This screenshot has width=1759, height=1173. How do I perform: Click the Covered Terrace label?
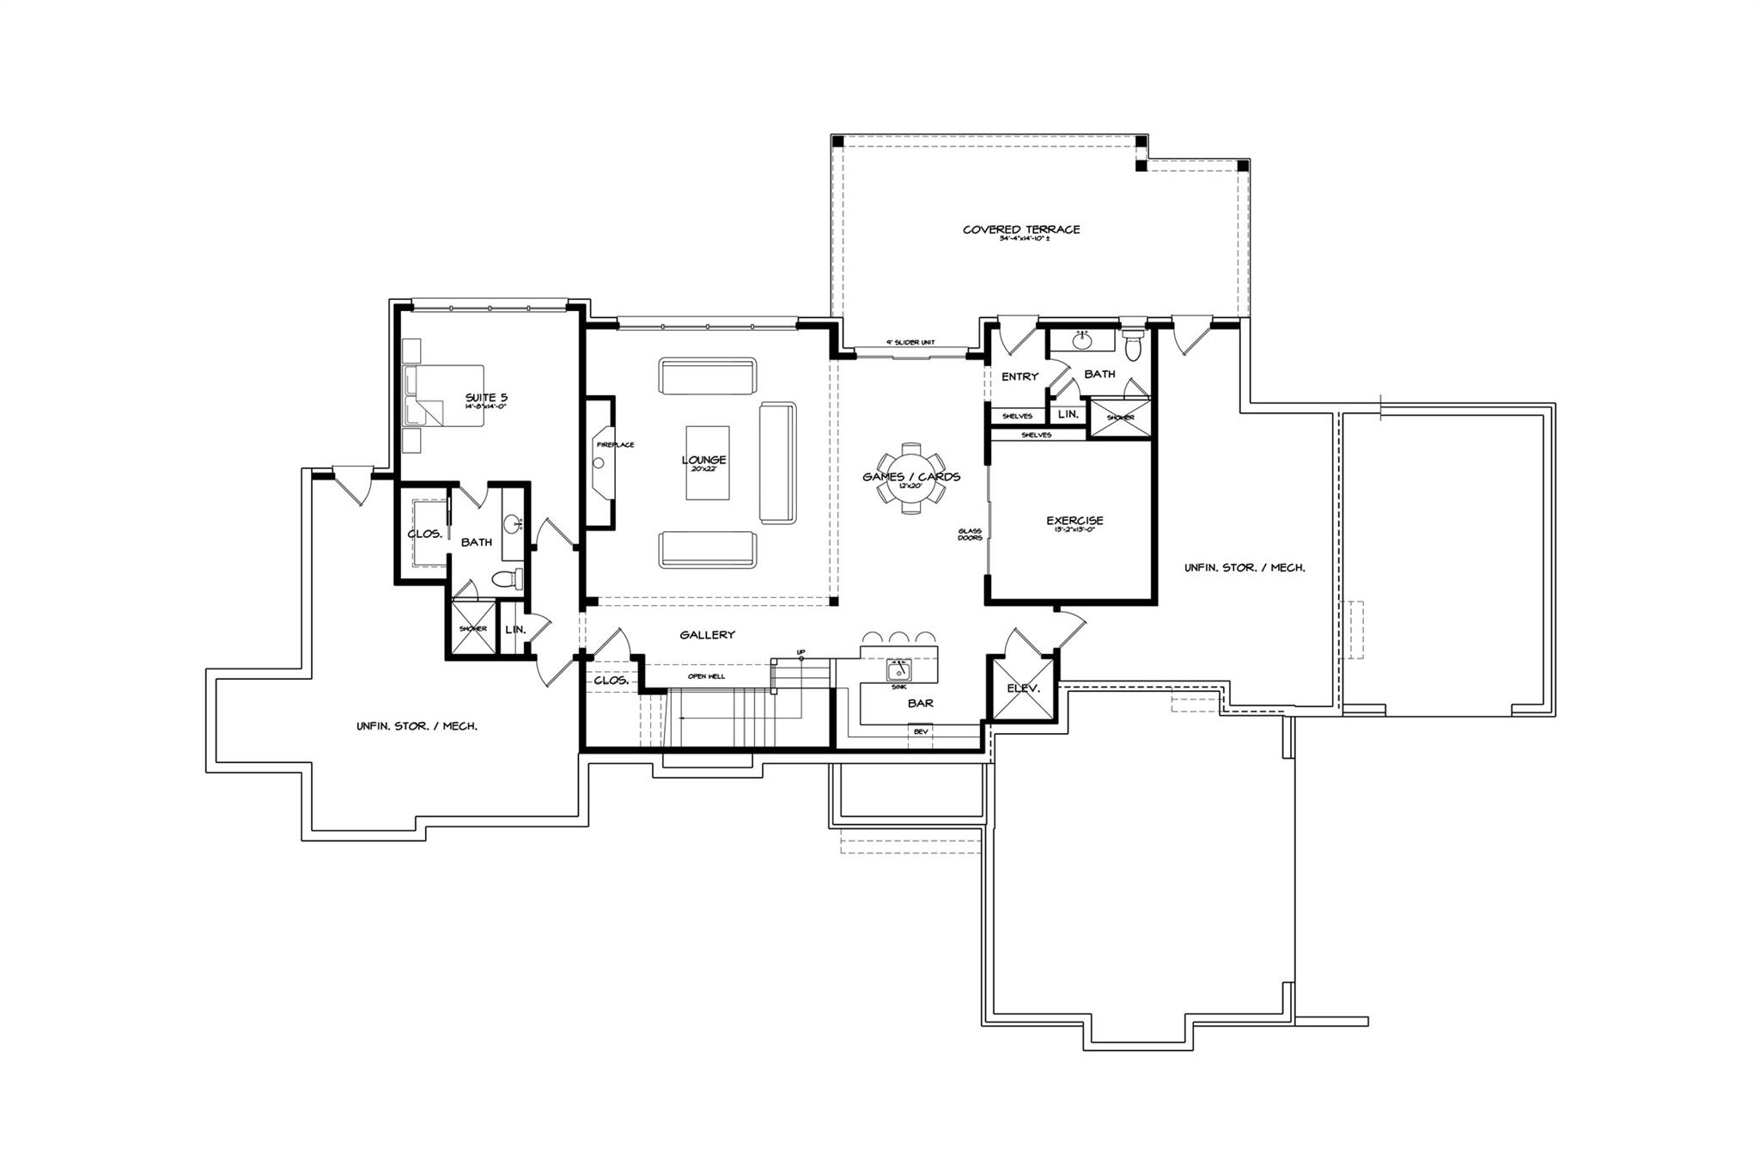(x=1020, y=229)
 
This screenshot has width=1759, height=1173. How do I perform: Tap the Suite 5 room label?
(x=486, y=397)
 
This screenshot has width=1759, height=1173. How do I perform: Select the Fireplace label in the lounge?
(x=615, y=444)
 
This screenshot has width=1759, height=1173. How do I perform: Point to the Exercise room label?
(x=1074, y=521)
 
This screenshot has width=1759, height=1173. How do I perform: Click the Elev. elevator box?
(x=1023, y=687)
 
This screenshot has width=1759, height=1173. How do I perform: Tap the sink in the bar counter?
(x=899, y=670)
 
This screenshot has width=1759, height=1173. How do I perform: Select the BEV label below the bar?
(x=921, y=731)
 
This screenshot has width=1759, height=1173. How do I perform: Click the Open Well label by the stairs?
(x=706, y=676)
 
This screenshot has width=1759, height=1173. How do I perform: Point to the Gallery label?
(x=707, y=635)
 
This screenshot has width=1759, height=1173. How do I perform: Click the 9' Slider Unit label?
(x=910, y=343)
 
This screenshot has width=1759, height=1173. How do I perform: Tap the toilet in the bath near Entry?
(x=1132, y=345)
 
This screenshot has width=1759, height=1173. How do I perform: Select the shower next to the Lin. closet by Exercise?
(x=1119, y=418)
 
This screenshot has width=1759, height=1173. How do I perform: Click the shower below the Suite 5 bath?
(x=472, y=627)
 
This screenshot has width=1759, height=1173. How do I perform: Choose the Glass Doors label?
(x=970, y=535)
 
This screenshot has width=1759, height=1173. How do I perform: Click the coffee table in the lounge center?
(x=707, y=462)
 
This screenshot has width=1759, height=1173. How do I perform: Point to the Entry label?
(x=1019, y=376)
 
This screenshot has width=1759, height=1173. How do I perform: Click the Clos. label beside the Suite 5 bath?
(x=424, y=534)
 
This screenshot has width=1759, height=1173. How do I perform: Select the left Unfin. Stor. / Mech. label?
(x=417, y=726)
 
